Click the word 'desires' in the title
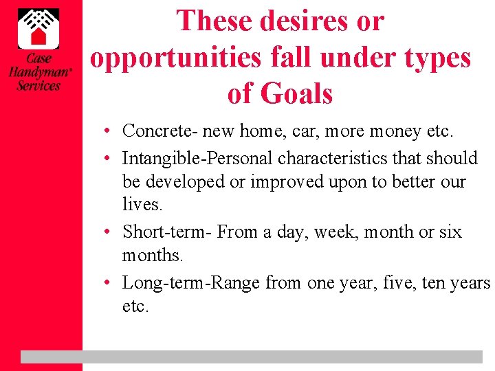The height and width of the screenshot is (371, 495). (305, 21)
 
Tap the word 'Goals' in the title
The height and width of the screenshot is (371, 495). (297, 93)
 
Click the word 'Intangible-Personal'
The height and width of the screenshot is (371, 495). (197, 158)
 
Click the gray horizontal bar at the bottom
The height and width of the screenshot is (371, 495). (252, 357)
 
